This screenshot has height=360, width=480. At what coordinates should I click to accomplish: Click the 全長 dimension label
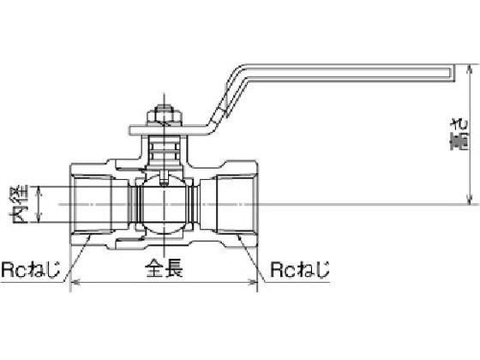[x=164, y=268]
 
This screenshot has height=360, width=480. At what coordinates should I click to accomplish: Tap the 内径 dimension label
[x=19, y=204]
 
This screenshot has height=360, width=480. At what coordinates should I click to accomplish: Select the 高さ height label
[x=459, y=134]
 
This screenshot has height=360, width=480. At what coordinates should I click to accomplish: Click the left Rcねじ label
[x=31, y=269]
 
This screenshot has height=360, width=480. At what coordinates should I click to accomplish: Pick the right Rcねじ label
[x=300, y=269]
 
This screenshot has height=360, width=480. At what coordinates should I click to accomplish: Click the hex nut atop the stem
[x=165, y=115]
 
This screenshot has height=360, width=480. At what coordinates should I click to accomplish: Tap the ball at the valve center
[x=165, y=204]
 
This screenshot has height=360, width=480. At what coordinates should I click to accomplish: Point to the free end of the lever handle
[x=452, y=73]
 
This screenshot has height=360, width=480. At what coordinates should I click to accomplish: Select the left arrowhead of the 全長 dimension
[x=75, y=282]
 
